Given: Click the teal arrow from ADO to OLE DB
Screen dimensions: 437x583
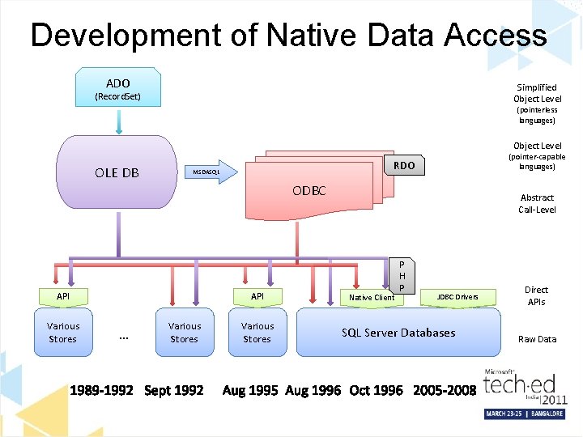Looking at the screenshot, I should click(x=118, y=122).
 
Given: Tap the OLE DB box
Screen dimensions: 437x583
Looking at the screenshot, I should click(x=117, y=172).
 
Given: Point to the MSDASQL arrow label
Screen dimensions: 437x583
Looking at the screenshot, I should click(x=206, y=172).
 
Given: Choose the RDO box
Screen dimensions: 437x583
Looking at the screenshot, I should click(x=403, y=166).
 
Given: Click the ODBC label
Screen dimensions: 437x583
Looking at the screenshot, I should click(x=309, y=191).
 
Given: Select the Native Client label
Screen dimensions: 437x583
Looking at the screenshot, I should click(x=371, y=298).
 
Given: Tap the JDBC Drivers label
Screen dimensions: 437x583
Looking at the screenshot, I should click(x=457, y=297).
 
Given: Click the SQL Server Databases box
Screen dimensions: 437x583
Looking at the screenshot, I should click(x=398, y=333).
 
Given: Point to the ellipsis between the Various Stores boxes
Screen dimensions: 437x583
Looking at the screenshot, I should click(x=124, y=335).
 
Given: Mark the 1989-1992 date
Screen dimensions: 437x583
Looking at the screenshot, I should click(x=101, y=391).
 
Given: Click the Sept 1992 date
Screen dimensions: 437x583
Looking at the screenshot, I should click(x=173, y=391).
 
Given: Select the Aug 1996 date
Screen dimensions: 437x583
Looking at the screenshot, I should click(x=313, y=391).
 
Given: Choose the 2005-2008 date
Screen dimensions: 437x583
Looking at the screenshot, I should click(x=444, y=391).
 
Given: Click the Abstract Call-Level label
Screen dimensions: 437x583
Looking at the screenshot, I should click(x=537, y=203).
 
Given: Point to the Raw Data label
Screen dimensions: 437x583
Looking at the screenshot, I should click(x=537, y=339).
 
